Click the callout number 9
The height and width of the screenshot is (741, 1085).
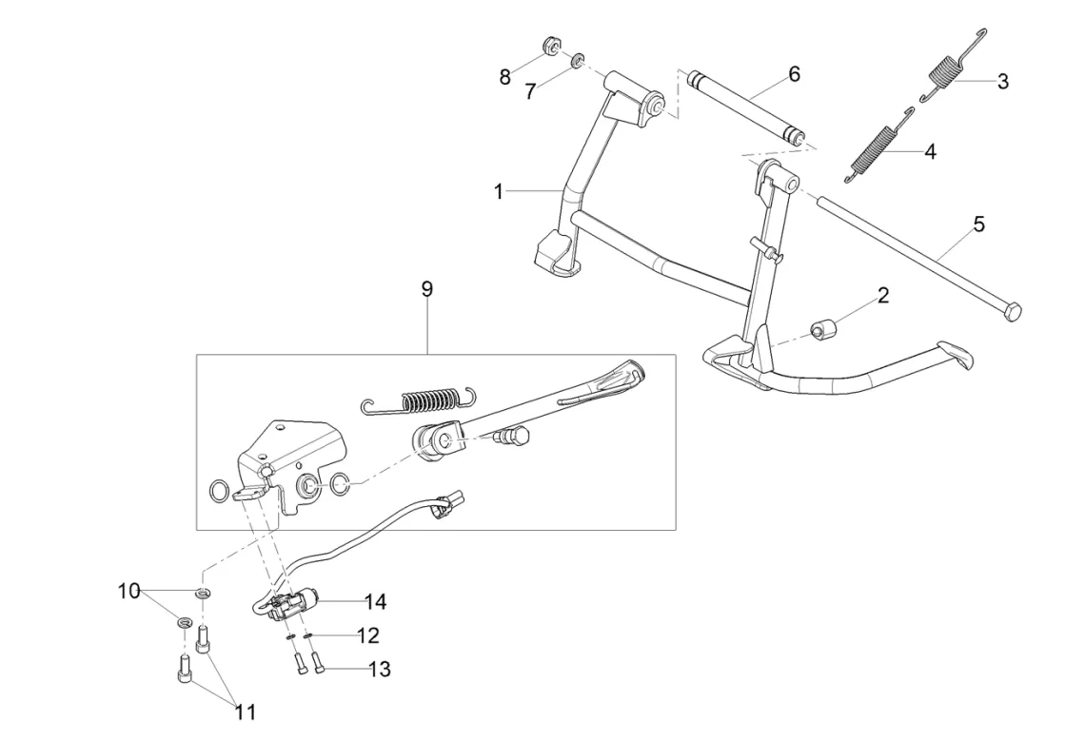point(427,289)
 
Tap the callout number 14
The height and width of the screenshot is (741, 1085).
point(375,601)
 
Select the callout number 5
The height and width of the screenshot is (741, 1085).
point(978,224)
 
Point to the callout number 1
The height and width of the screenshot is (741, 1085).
point(499,191)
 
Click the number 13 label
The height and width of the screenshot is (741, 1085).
point(380,669)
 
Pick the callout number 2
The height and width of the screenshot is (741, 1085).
point(883,296)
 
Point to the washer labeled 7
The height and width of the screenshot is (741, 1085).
point(577,61)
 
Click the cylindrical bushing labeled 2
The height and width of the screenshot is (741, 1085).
point(822,328)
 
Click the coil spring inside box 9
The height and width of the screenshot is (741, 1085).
point(420,400)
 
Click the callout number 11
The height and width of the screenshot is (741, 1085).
point(245,712)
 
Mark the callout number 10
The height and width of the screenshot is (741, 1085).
point(129,592)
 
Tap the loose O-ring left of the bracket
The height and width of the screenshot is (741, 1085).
point(219,492)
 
